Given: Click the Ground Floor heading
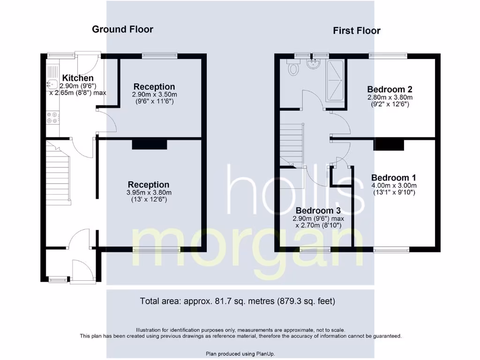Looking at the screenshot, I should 122,29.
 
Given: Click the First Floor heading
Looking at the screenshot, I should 357,31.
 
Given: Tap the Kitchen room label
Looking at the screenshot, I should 78,78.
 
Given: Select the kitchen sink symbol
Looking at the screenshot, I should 52,85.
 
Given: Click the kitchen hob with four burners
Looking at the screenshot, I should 52,118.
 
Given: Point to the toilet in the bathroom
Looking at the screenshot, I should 294,69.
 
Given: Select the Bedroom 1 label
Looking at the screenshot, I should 393,178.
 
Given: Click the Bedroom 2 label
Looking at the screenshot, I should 390,89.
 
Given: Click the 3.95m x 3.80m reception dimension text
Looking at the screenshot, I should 149,192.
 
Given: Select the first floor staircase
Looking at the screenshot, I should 292,144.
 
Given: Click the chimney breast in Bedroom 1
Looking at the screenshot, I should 389,144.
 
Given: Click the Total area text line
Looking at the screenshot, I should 238,301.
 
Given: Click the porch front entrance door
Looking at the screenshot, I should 80,271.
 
